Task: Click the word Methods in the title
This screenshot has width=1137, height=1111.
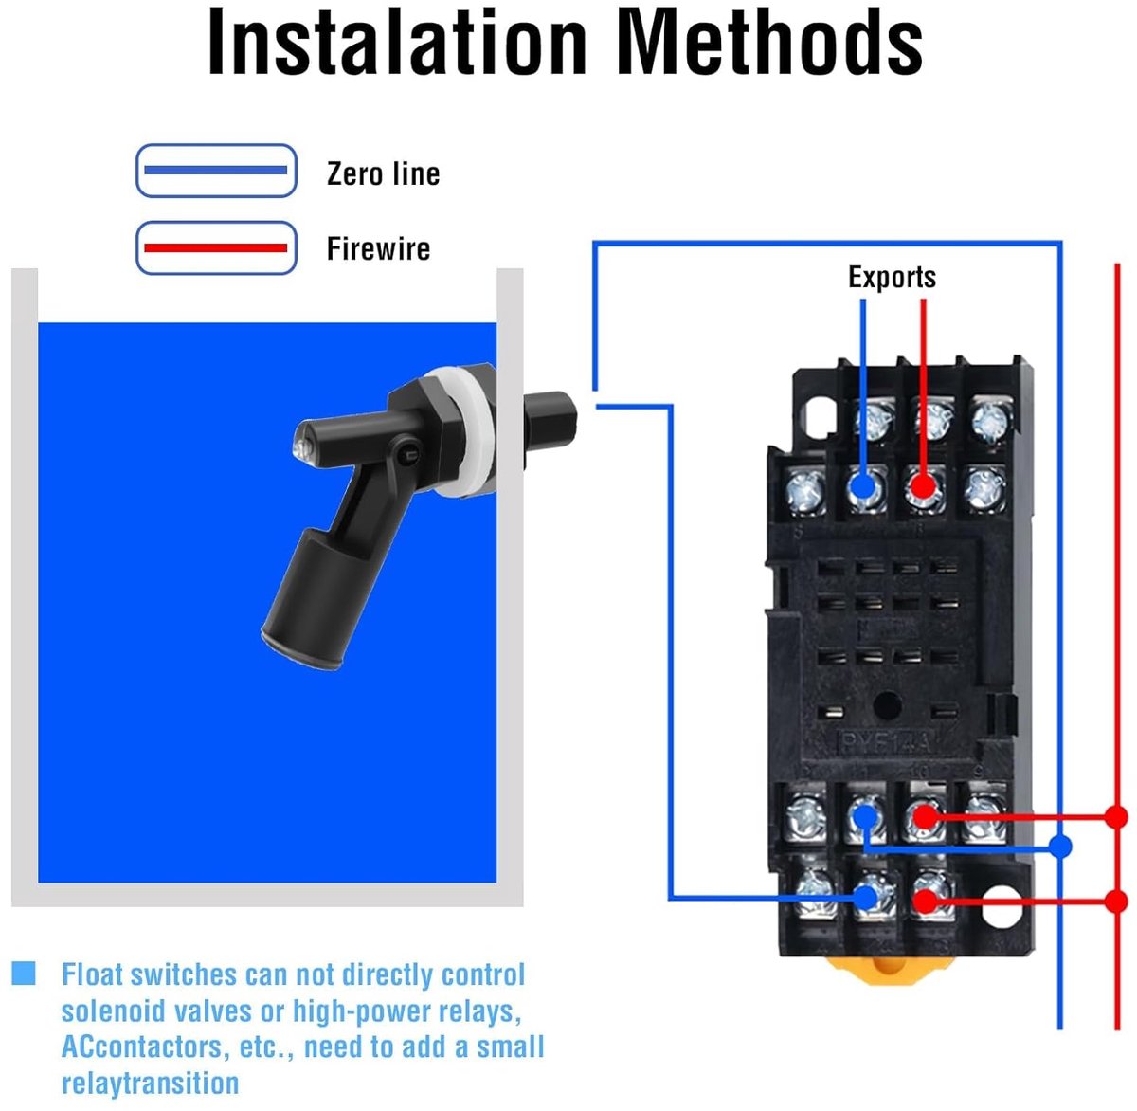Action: click(x=770, y=42)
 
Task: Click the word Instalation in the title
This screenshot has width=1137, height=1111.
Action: click(x=397, y=42)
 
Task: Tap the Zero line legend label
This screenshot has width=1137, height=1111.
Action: click(x=384, y=173)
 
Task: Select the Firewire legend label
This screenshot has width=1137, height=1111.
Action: click(x=379, y=248)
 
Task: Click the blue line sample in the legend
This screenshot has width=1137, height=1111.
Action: click(x=216, y=170)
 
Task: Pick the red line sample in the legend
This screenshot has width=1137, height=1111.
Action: click(x=216, y=247)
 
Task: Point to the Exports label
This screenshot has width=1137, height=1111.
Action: click(x=892, y=277)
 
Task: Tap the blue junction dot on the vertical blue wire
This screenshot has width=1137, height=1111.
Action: click(x=1060, y=847)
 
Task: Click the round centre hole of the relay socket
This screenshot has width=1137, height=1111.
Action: click(x=888, y=705)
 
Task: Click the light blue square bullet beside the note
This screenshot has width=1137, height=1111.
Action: click(x=24, y=974)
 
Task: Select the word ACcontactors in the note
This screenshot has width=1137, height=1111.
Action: click(x=142, y=1047)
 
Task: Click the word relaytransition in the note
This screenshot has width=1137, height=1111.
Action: click(x=150, y=1083)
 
